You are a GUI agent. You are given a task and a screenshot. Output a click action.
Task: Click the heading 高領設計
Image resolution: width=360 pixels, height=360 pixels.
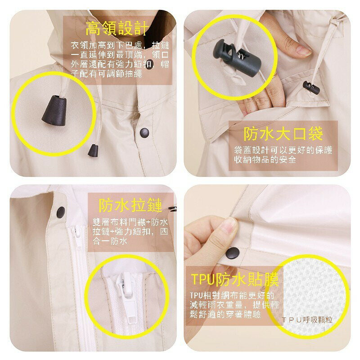[117, 28]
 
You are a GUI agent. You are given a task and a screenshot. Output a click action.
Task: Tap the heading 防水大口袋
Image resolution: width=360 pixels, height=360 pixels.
[283, 134]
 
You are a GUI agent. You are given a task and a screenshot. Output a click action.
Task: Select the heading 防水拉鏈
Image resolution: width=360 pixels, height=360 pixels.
[130, 205]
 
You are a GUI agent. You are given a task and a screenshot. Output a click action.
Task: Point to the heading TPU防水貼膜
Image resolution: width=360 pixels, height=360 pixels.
[235, 279]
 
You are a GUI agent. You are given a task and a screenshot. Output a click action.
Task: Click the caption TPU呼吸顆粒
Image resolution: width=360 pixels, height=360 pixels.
[307, 319]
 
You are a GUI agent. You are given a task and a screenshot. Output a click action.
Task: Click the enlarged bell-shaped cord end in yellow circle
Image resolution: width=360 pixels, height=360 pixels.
[54, 110]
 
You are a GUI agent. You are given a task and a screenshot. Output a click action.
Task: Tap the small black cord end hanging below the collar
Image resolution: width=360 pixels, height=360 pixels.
[93, 150]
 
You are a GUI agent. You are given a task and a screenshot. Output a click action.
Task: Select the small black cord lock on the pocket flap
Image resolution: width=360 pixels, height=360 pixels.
[311, 87]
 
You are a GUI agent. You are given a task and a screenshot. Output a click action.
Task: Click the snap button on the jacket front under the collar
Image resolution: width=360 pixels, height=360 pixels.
[144, 133]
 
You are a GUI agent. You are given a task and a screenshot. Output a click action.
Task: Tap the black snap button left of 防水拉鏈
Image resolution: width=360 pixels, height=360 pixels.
[61, 212]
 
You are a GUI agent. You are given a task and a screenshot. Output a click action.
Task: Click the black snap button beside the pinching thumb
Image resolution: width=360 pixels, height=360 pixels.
[233, 253]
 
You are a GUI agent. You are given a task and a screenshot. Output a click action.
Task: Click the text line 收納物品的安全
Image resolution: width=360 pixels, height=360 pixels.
[265, 159]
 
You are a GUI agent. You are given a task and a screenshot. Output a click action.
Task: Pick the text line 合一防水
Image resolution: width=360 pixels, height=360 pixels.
[110, 241]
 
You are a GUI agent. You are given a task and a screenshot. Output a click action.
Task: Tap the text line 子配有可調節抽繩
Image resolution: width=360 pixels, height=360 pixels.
[106, 74]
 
